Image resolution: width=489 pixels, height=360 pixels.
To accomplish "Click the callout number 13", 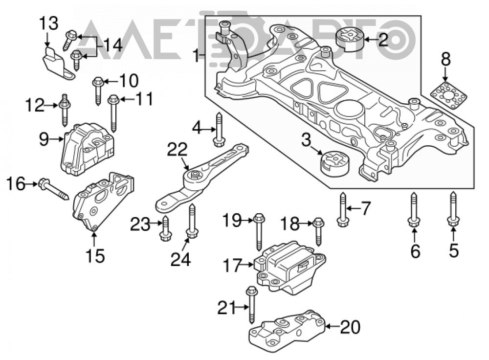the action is click(x=48, y=23).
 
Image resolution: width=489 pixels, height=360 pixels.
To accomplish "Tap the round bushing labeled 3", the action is click(x=335, y=163).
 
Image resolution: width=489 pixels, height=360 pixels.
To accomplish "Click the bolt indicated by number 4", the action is click(x=219, y=129).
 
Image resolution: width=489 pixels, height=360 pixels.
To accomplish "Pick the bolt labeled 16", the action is click(x=53, y=189).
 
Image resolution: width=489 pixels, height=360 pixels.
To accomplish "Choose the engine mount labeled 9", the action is click(x=88, y=149).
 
